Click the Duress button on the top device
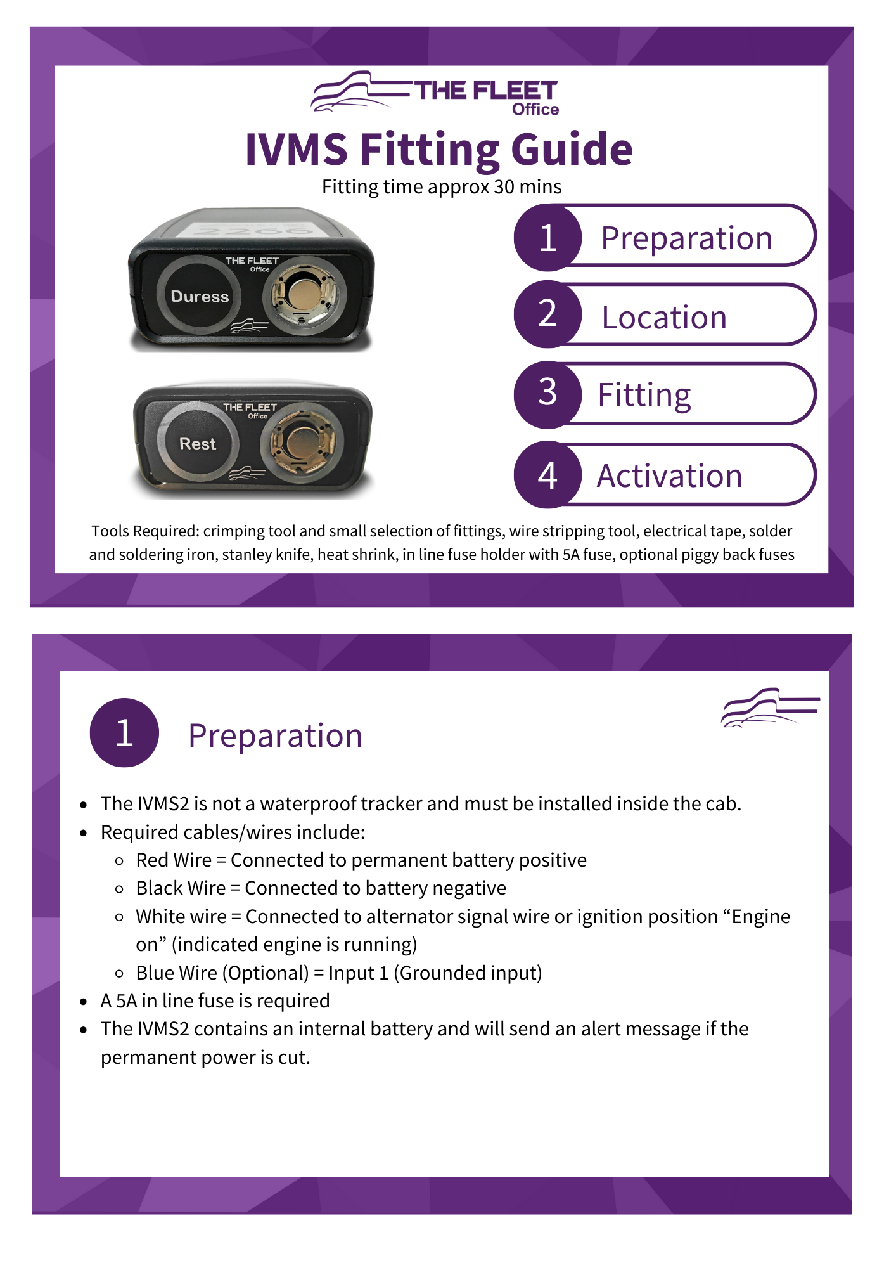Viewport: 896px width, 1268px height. [199, 296]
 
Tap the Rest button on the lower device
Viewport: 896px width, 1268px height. [198, 443]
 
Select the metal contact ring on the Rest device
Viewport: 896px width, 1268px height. [302, 441]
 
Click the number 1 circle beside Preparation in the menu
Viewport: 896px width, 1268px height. [547, 238]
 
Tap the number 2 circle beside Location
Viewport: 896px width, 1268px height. [547, 314]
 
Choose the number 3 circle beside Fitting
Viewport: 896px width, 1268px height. [547, 393]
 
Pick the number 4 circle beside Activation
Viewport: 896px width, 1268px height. [547, 475]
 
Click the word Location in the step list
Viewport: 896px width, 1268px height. [663, 317]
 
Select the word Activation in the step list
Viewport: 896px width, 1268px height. [669, 475]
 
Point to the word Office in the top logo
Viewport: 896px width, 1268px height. [535, 110]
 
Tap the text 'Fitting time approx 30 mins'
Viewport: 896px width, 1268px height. [442, 187]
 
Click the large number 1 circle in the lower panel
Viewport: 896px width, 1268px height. [124, 733]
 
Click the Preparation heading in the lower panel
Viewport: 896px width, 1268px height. [275, 735]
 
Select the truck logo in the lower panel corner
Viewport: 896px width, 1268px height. [769, 708]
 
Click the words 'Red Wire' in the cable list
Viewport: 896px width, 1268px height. [174, 860]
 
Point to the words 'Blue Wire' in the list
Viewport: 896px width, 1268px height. [177, 973]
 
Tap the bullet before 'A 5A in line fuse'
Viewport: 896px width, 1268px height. [83, 1002]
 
